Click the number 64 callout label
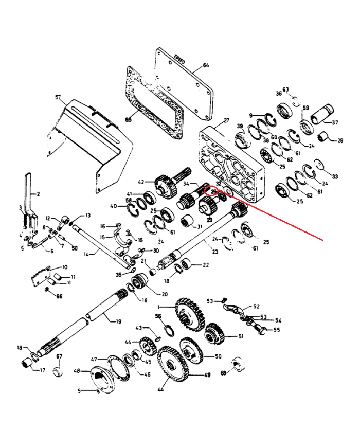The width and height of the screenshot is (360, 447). point(206,65)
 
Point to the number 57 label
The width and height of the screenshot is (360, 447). point(58,97)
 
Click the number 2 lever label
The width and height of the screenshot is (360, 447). point(37,194)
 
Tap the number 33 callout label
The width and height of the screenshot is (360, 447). point(335,176)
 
